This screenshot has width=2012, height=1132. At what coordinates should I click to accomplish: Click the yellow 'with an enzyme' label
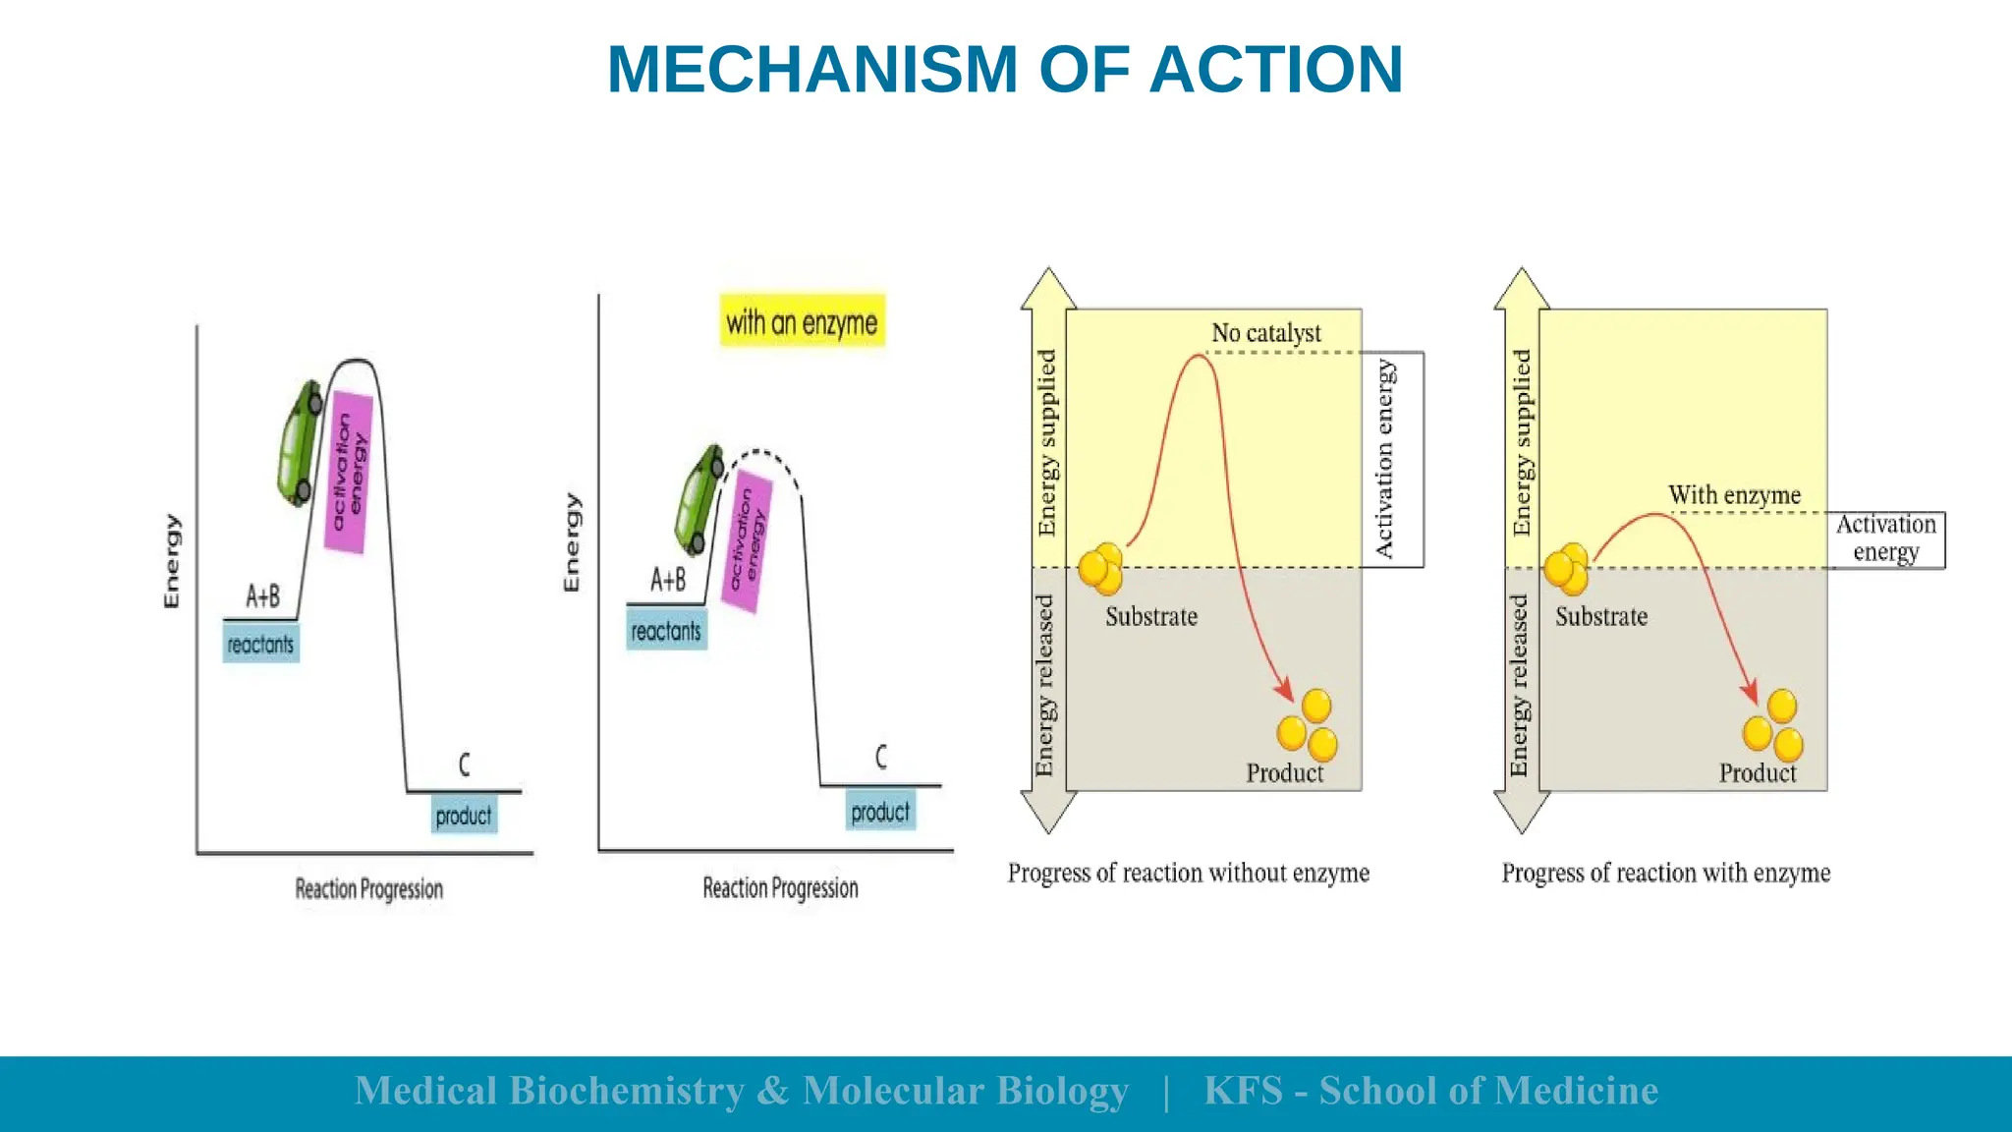[x=802, y=321]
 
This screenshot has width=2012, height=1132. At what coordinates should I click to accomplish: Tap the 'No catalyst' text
[x=1265, y=333]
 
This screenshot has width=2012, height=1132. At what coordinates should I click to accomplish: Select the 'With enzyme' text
[x=1734, y=495]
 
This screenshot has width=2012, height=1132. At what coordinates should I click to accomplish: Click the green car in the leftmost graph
[x=300, y=444]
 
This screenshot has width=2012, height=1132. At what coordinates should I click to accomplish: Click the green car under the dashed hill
[x=699, y=500]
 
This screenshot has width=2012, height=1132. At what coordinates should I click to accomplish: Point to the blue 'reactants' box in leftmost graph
[x=260, y=645]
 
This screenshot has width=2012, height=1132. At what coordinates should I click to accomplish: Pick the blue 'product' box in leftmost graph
[x=464, y=816]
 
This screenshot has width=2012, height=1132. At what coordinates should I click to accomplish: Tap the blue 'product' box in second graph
[x=880, y=813]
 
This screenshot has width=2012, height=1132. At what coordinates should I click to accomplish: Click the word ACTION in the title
[x=1275, y=70]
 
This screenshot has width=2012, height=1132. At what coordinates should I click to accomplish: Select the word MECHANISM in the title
[x=812, y=70]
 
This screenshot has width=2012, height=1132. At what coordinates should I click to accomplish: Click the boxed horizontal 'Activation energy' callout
[x=1885, y=538]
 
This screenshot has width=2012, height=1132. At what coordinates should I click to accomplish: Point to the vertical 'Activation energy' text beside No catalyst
[x=1385, y=459]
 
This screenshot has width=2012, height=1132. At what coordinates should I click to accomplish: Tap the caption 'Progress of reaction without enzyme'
[x=1188, y=873]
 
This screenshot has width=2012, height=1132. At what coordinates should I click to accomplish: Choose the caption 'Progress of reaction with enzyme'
[x=1665, y=873]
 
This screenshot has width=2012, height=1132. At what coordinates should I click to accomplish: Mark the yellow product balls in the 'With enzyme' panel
[x=1773, y=727]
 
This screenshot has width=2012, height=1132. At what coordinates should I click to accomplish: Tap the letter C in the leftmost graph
[x=465, y=764]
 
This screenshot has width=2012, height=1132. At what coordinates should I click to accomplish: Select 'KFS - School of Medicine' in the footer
[x=1430, y=1091]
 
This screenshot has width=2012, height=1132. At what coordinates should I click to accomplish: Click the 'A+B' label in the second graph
[x=668, y=580]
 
